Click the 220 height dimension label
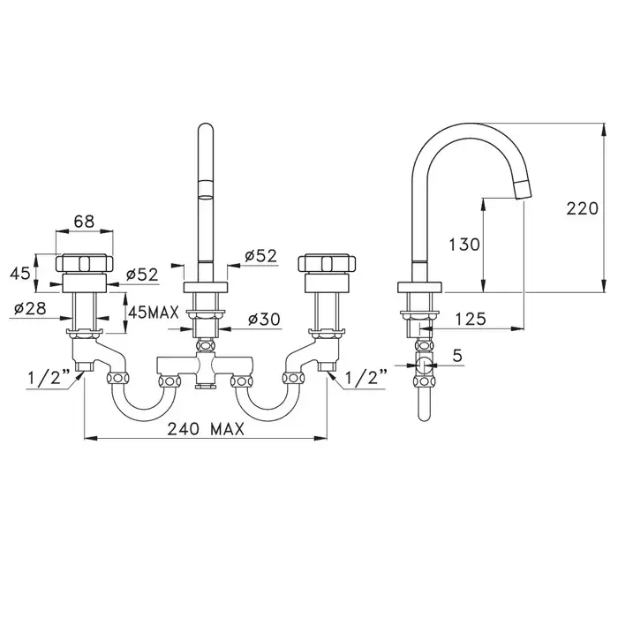click(x=582, y=208)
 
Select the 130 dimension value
click(x=464, y=245)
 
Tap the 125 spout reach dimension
click(x=471, y=319)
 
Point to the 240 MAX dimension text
click(x=206, y=429)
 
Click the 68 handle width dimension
click(x=85, y=222)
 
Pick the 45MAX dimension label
click(x=154, y=313)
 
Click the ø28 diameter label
click(x=30, y=308)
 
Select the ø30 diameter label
click(x=264, y=319)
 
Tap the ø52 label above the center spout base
click(x=260, y=256)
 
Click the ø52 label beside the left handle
click(x=142, y=275)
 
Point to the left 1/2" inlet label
click(x=49, y=378)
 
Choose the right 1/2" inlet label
click(x=366, y=378)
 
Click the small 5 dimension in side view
click(x=456, y=356)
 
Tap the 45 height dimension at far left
click(x=20, y=273)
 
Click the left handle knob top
click(x=85, y=263)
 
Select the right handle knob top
click(x=328, y=263)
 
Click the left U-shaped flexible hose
click(x=144, y=418)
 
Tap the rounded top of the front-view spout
click(x=206, y=126)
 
